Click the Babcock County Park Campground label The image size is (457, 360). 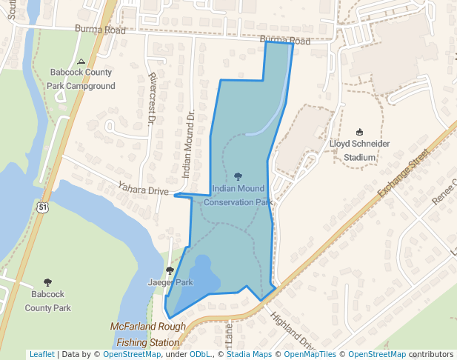pos(81,79)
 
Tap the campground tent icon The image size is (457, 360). pos(81,61)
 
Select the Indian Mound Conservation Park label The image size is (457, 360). pos(238,196)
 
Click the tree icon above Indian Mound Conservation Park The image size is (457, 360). pos(238,177)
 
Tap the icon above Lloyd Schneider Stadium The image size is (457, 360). pos(360,132)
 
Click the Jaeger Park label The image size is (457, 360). pos(170,282)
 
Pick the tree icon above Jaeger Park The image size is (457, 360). pos(170,270)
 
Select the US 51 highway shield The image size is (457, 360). pos(44,209)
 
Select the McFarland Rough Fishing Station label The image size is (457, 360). pos(147,334)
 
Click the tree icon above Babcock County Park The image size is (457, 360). pos(48,282)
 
